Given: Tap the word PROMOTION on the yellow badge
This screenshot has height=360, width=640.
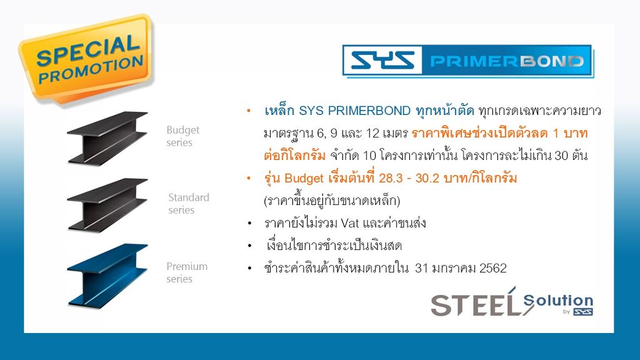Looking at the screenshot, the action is point(91,69).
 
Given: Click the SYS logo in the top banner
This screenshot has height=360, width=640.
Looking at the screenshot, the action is point(382,61).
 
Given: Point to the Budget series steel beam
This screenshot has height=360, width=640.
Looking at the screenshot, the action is point(107,137).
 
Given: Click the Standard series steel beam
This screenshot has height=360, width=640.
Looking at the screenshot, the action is point(107,204).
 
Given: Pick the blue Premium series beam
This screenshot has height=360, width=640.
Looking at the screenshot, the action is point(107,275).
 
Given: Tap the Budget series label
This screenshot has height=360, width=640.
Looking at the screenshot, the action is point(182,136).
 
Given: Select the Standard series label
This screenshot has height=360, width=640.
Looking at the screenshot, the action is point(188,203).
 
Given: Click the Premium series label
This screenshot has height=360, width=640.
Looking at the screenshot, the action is point(186,272).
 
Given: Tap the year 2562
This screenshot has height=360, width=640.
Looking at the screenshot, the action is point(493,268).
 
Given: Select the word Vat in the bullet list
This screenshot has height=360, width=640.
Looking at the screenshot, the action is point(350,223).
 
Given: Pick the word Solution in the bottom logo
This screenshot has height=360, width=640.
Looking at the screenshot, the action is point(558,301).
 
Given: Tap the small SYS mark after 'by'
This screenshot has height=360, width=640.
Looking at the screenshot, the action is point(583,312).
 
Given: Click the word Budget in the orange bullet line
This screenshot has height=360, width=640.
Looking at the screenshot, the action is point(304,178).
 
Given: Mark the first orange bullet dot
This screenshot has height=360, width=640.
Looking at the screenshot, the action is point(249,111).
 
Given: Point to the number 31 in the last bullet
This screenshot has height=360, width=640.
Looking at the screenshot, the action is point(421,268).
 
